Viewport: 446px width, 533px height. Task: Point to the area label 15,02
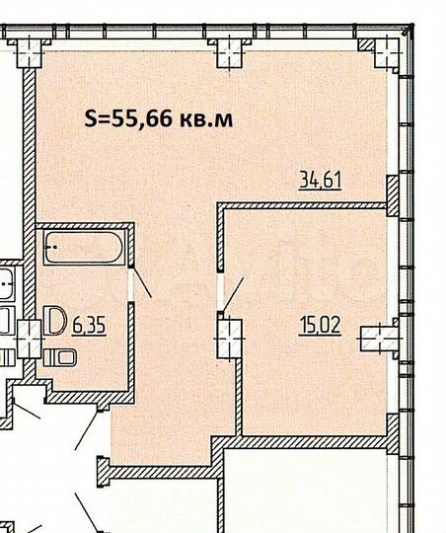pos(321,324)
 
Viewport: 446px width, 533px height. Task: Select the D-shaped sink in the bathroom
pos(55,321)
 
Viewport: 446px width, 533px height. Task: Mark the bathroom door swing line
pos(142,283)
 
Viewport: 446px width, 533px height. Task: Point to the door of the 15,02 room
pos(233,293)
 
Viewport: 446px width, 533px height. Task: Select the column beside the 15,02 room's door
pos(227,329)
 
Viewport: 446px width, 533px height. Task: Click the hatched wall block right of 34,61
pos(392,193)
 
